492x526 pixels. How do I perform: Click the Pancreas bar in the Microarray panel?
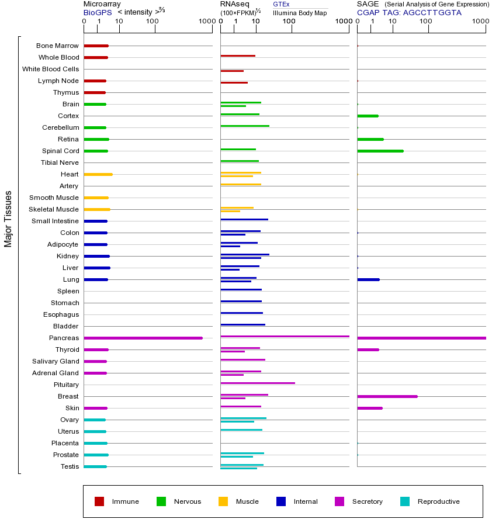click(143, 338)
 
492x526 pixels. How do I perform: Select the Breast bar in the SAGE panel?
click(387, 396)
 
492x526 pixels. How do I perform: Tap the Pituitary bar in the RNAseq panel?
click(258, 383)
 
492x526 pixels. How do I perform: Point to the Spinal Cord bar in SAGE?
click(380, 151)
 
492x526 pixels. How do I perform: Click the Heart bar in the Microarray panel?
click(98, 174)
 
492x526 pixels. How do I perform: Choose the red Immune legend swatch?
click(99, 501)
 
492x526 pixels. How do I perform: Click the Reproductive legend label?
click(438, 501)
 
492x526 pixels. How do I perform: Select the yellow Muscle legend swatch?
click(223, 501)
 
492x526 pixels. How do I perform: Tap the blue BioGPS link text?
click(97, 12)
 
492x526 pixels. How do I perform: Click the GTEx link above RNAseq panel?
click(281, 5)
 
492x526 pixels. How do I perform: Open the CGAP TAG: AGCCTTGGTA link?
click(409, 12)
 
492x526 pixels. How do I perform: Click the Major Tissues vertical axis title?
click(8, 219)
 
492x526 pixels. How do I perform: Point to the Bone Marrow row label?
click(57, 46)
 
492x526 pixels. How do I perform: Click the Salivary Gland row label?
click(56, 361)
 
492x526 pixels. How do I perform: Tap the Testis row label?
click(69, 466)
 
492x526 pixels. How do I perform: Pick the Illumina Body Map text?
click(300, 13)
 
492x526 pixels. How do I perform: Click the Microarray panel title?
click(102, 4)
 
